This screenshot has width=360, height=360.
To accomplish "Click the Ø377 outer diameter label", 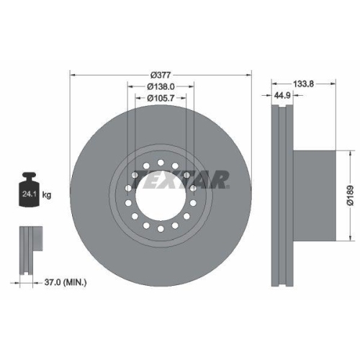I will [x=161, y=74].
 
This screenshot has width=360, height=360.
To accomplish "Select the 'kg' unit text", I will [x=48, y=194].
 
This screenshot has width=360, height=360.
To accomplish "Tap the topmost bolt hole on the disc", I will [x=161, y=163].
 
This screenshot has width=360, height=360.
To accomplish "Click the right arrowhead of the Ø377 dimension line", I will [x=250, y=74].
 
